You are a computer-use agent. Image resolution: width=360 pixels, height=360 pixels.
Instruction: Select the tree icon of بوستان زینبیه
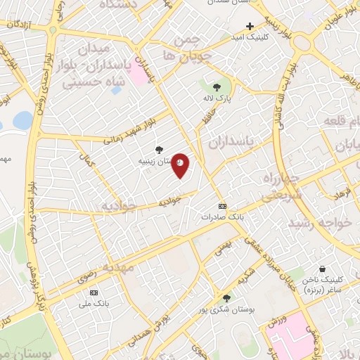(x=160, y=149)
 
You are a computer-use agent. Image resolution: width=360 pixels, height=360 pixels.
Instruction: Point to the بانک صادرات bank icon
(x=223, y=206)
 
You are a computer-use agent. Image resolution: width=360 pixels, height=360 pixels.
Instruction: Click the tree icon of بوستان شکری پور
(x=226, y=298)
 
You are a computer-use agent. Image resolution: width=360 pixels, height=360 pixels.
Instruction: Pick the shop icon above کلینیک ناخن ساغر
(x=322, y=269)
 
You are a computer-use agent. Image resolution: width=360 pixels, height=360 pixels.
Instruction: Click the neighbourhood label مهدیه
(x=117, y=268)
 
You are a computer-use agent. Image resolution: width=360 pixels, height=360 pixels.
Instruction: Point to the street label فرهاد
(x=338, y=191)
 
